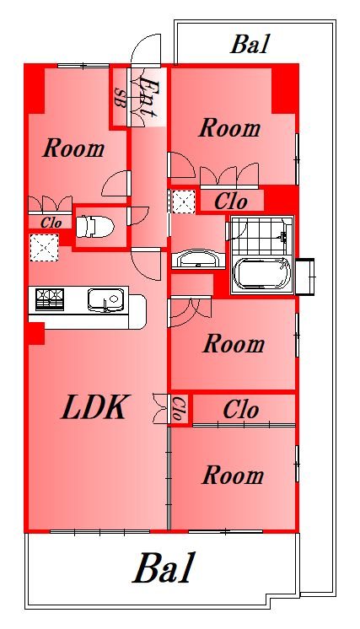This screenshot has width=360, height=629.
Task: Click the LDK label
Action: coord(95,407)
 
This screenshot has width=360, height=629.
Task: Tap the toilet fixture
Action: coord(95,227)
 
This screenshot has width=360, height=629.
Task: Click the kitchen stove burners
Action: coord(50,299)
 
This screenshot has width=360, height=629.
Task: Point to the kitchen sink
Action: coord(105,299)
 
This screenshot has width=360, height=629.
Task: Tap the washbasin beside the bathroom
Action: coord(198,259)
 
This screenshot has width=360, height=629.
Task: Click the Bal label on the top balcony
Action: coord(250,44)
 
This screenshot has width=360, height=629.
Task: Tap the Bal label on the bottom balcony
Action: coord(164,569)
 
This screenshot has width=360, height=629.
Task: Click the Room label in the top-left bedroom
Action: coord(73,148)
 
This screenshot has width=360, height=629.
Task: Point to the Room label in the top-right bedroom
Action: coord(229,128)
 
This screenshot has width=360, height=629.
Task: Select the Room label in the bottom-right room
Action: coord(233,475)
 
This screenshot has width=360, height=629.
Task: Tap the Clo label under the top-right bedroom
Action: coord(230,201)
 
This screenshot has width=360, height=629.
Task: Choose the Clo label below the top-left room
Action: coord(51,223)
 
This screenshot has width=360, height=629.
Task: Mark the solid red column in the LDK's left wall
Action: coord(36,333)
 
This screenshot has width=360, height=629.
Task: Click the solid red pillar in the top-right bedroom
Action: coord(285,90)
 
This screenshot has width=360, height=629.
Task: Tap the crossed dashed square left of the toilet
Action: coord(44,247)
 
